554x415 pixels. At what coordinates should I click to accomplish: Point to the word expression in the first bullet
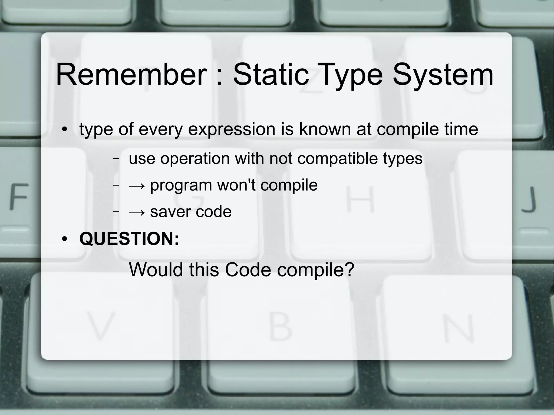(x=232, y=129)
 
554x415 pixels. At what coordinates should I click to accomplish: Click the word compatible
(x=337, y=158)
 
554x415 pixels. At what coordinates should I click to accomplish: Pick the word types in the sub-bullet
(x=403, y=158)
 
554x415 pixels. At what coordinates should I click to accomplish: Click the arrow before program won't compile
(x=137, y=186)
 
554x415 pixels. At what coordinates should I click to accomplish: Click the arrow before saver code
(x=137, y=212)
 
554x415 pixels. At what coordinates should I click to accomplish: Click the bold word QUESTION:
(x=129, y=238)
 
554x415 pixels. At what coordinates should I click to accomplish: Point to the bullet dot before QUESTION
(x=64, y=239)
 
